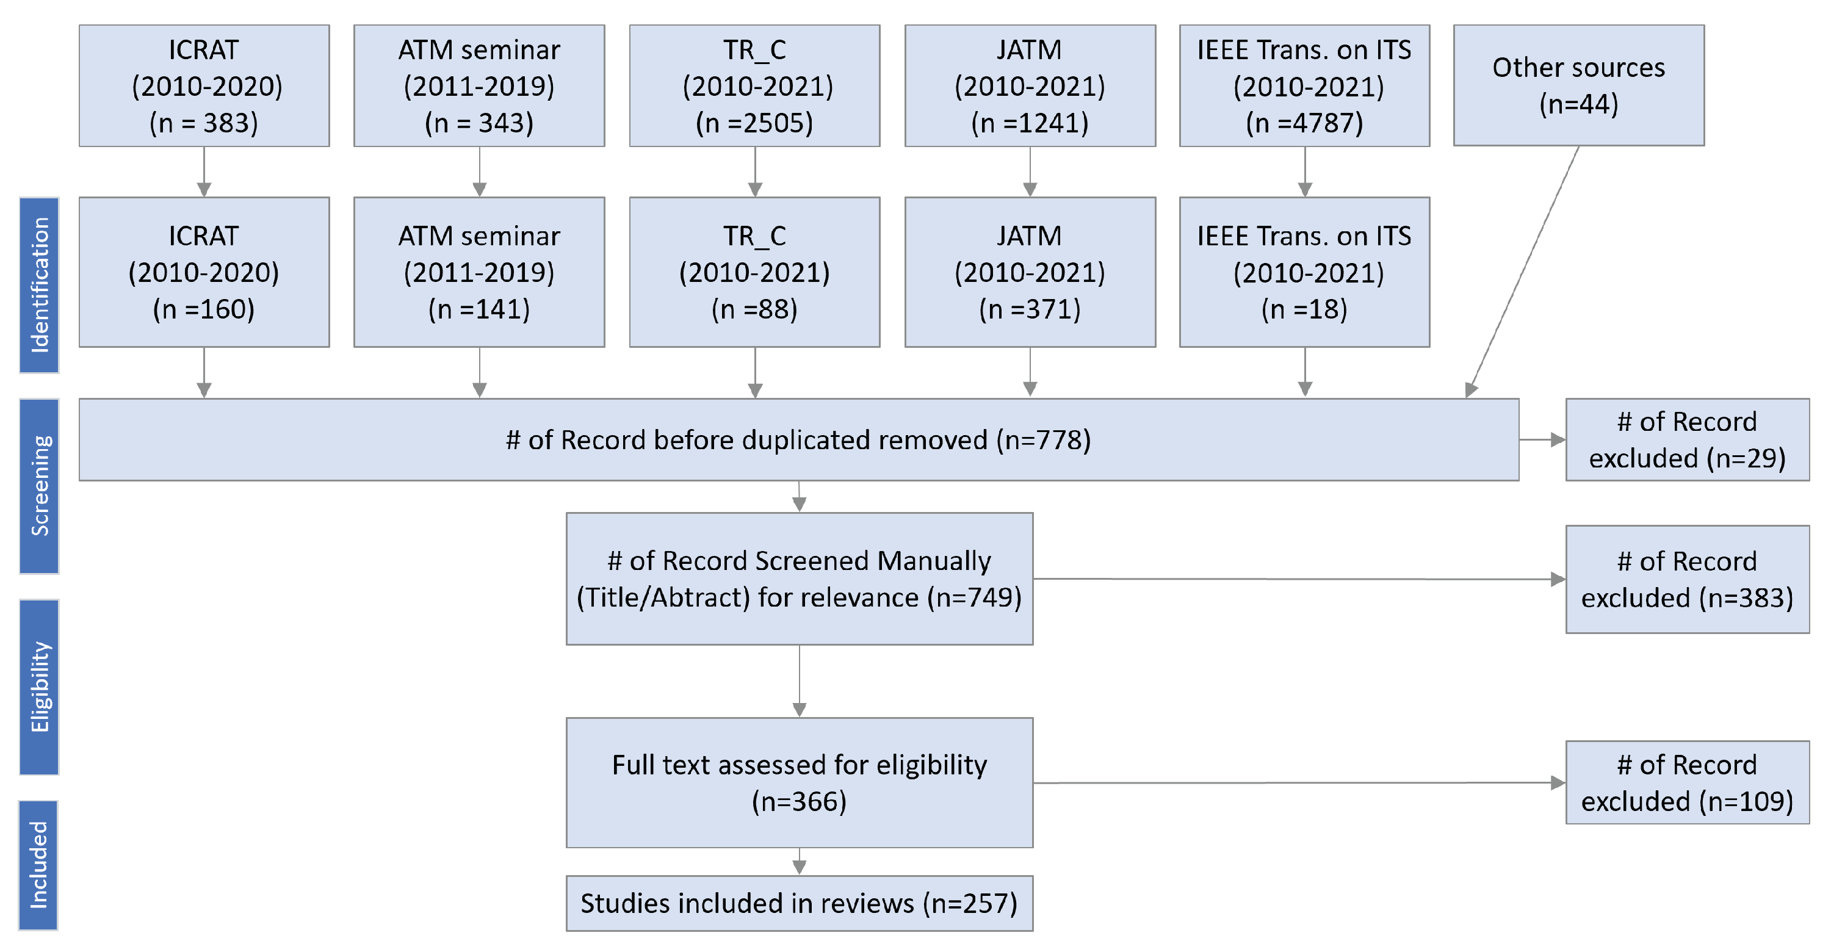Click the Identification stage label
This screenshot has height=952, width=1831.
[x=39, y=285]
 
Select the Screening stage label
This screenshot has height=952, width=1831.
[x=39, y=486]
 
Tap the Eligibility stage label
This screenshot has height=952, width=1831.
[x=39, y=687]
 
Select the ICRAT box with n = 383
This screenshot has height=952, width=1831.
[x=204, y=86]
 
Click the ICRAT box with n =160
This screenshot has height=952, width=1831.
[x=204, y=272]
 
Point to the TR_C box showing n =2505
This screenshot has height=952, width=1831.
[x=754, y=86]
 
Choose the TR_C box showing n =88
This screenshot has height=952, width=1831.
[x=754, y=272]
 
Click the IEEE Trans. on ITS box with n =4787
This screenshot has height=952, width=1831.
[x=1304, y=86]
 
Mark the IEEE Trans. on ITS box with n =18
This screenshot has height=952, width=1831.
[x=1304, y=272]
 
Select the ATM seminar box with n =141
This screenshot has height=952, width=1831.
[x=479, y=272]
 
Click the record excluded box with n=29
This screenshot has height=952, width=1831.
[x=1687, y=440]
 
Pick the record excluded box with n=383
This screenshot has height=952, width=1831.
[x=1687, y=579]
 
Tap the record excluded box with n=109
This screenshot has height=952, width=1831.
[x=1687, y=782]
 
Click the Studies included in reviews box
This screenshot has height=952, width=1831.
[x=799, y=903]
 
